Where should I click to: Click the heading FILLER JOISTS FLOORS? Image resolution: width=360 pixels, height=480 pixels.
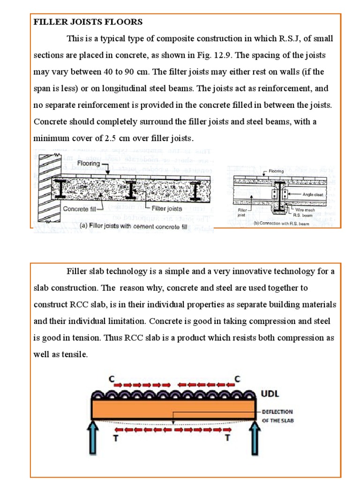pos(88,22)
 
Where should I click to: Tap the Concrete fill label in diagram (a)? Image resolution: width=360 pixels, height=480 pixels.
pos(82,209)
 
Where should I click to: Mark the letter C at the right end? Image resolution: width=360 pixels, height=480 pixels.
pos(237,379)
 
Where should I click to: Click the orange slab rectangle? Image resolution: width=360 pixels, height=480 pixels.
pos(174,409)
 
